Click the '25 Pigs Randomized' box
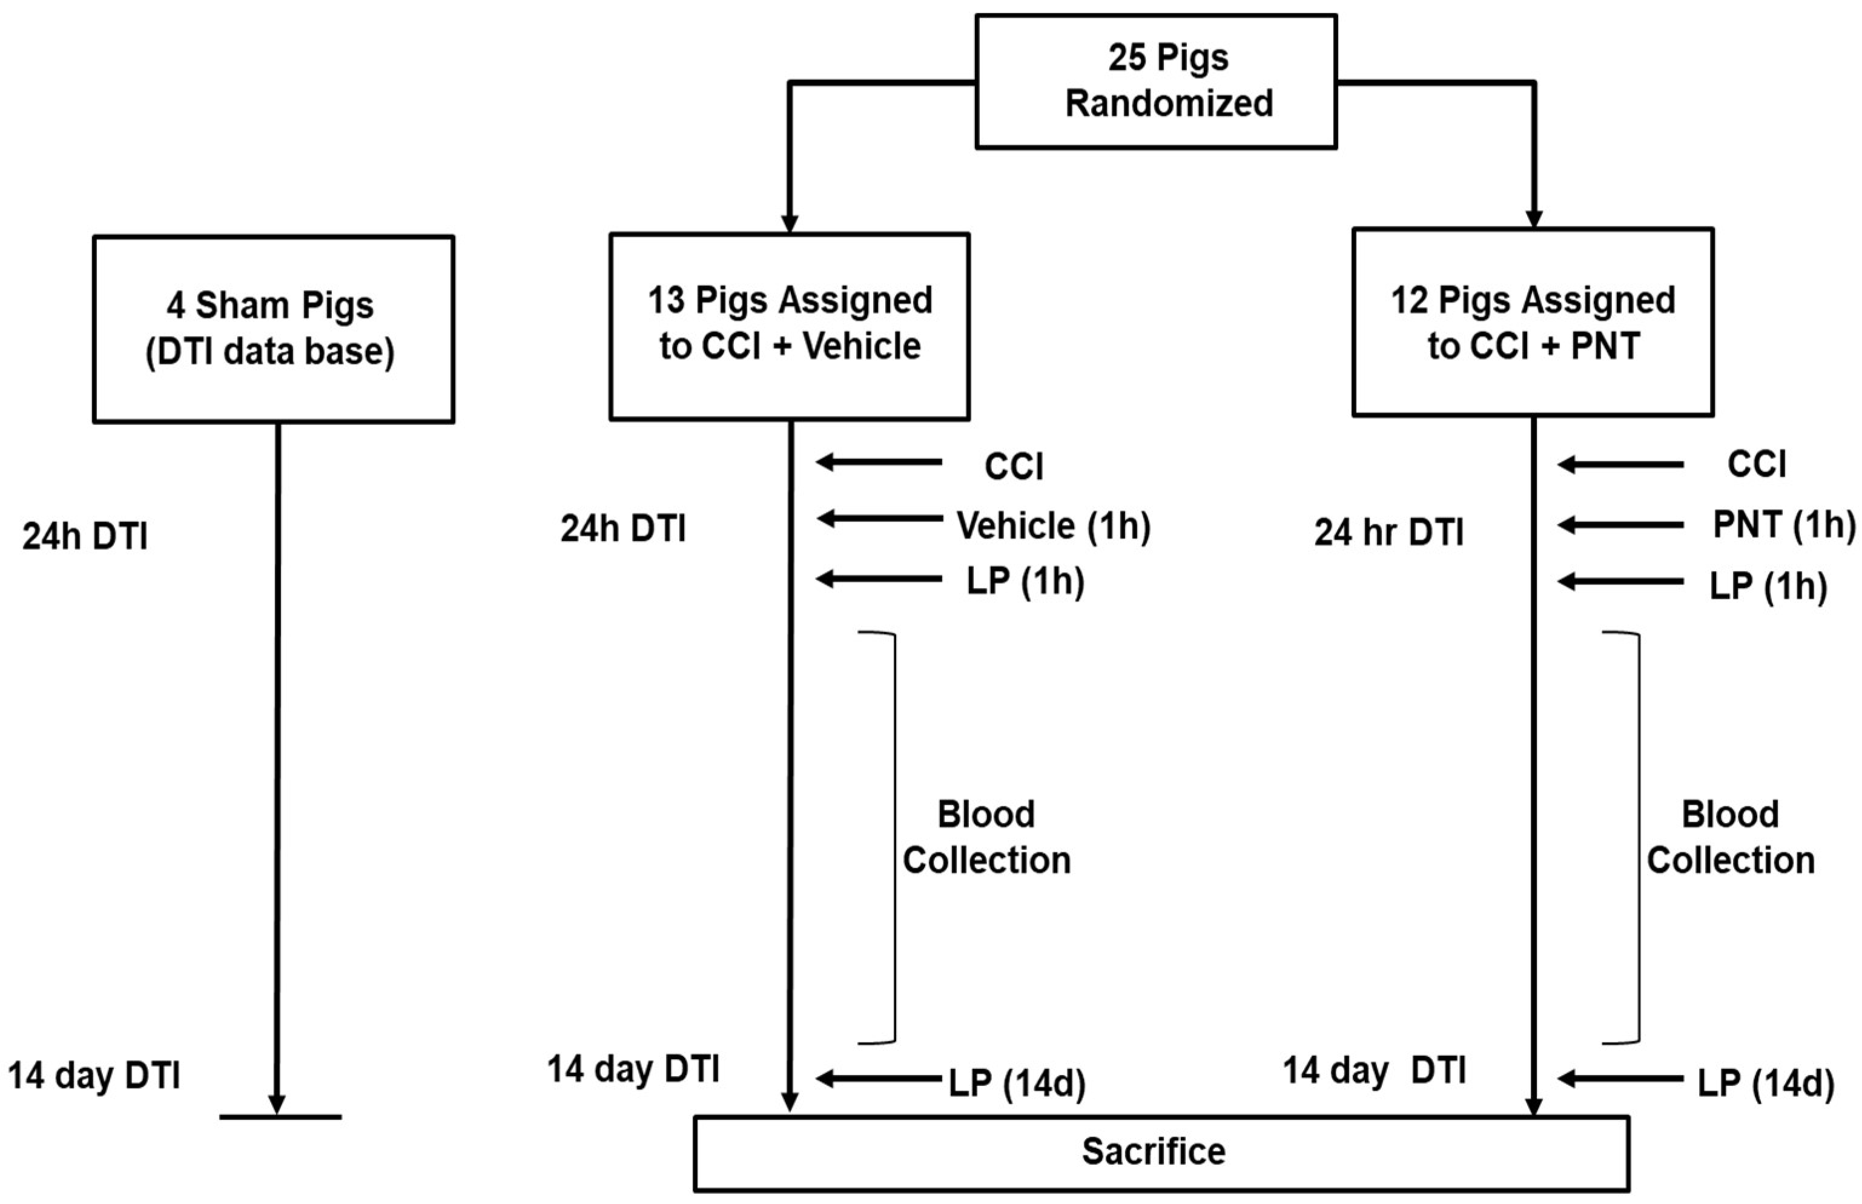1155,81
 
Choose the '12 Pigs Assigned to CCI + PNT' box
1532,323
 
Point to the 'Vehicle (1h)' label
1052,526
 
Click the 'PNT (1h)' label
1783,525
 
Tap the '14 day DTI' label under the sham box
94,1076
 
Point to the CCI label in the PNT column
1757,465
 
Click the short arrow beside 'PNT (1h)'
1620,525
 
